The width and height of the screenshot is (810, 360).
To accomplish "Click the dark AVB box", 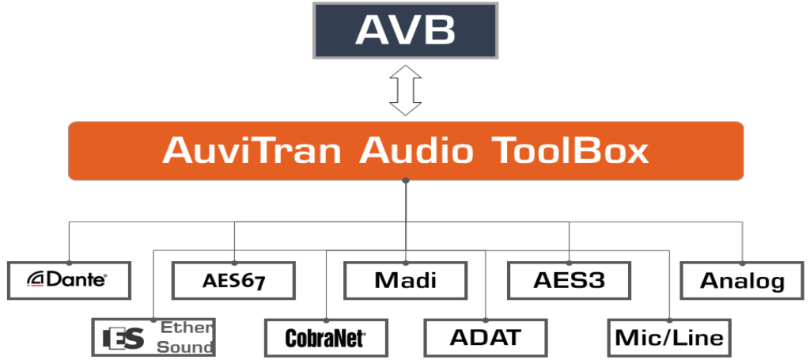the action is pyautogui.click(x=406, y=31).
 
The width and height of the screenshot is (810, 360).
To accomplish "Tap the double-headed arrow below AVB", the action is pyautogui.click(x=406, y=90).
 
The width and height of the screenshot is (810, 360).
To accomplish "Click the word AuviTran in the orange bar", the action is pyautogui.click(x=252, y=150).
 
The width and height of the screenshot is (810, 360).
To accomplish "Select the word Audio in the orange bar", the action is pyautogui.click(x=416, y=150).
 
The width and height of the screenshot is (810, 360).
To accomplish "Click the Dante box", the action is pyautogui.click(x=70, y=280).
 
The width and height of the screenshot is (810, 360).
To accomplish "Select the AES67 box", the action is pyautogui.click(x=233, y=280).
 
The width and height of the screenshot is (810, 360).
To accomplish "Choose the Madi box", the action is pyautogui.click(x=406, y=280).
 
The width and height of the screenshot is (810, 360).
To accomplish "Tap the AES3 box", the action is pyautogui.click(x=570, y=280).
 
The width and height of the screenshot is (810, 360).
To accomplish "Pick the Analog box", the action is pyautogui.click(x=742, y=280).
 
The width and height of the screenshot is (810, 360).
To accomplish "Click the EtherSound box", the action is pyautogui.click(x=153, y=338).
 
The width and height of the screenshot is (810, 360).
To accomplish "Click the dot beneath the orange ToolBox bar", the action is pyautogui.click(x=406, y=180).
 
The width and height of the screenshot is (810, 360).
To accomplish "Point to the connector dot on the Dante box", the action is pyautogui.click(x=70, y=263).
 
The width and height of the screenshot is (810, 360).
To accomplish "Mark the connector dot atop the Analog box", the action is pyautogui.click(x=742, y=263).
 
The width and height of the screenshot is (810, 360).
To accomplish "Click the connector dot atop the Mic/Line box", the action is pyautogui.click(x=669, y=320).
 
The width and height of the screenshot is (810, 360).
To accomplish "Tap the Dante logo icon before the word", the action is pyautogui.click(x=36, y=279).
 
